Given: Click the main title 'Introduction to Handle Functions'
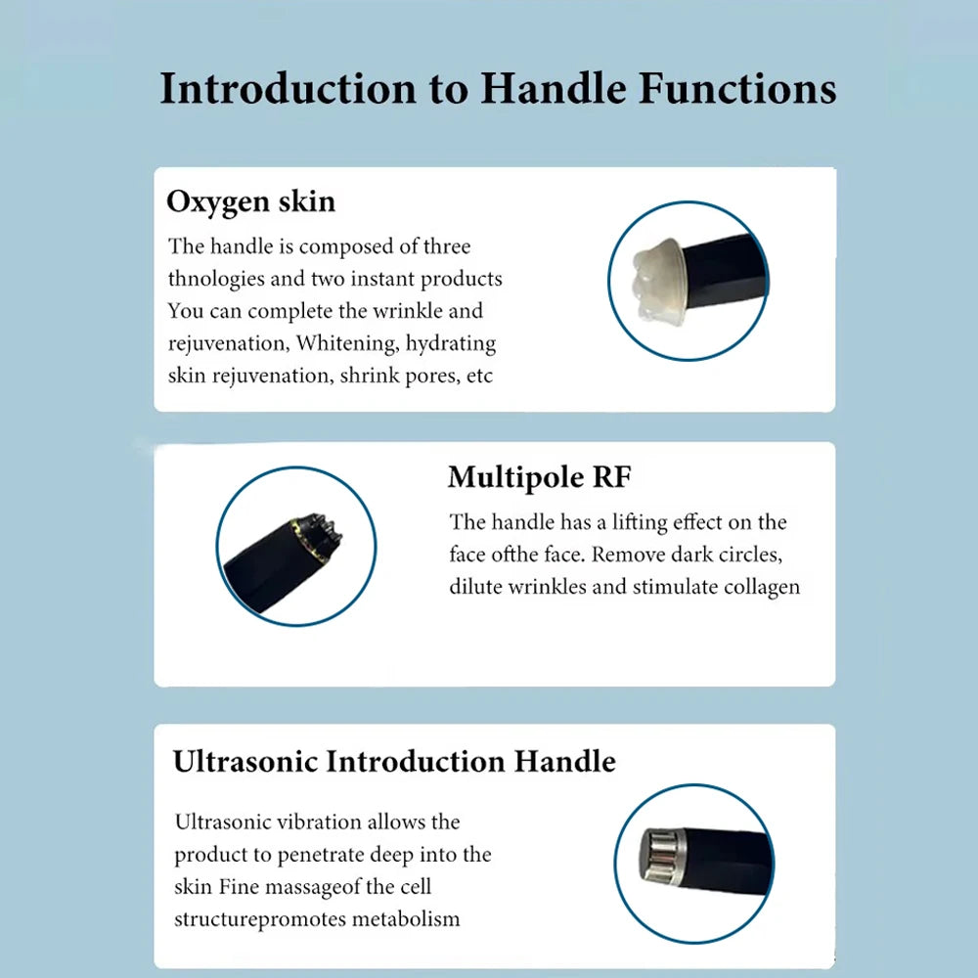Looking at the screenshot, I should pyautogui.click(x=498, y=88).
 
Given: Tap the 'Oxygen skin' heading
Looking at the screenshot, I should pyautogui.click(x=250, y=201).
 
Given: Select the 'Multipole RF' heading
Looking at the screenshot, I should pyautogui.click(x=540, y=477).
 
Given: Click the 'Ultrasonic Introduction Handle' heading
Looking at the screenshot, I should pyautogui.click(x=394, y=761).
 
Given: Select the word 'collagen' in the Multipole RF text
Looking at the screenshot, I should pyautogui.click(x=762, y=587).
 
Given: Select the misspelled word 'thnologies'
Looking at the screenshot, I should pyautogui.click(x=216, y=279).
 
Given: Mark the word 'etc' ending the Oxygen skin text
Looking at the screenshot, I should pyautogui.click(x=480, y=377).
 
